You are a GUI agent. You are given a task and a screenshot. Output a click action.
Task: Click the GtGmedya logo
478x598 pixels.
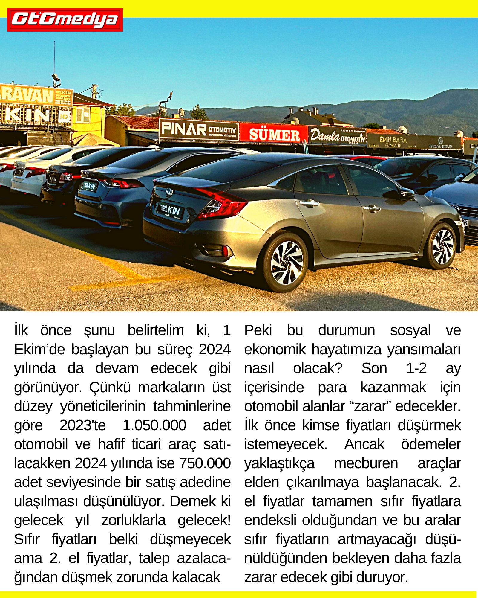65,20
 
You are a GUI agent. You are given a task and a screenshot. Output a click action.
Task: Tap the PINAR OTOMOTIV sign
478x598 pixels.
199,130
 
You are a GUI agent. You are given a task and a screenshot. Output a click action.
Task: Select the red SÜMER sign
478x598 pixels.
274,134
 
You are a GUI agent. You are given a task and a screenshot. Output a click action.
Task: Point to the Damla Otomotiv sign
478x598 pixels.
337,136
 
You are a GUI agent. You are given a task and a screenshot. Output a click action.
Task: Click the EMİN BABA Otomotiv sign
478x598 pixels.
393,141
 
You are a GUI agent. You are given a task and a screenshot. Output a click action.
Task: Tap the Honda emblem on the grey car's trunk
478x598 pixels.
169,192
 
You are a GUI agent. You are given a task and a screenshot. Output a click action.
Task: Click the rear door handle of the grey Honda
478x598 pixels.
310,203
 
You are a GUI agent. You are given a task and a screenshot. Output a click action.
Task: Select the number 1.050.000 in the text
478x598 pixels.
154,425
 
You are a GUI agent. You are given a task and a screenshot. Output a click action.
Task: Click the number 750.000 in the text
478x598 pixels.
205,463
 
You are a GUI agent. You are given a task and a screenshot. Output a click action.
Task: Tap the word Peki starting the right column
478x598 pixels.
258,330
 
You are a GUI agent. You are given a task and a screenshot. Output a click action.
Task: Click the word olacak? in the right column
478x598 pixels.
318,368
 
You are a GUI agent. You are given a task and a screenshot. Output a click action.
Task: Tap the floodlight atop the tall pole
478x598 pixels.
56,78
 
